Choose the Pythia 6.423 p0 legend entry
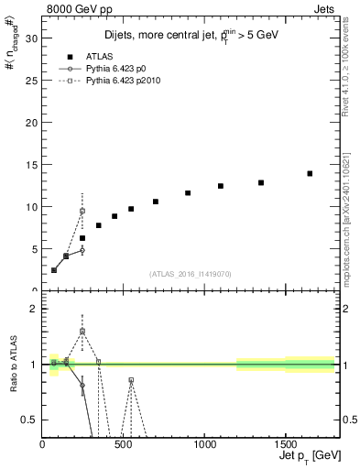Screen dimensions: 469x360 [115, 69]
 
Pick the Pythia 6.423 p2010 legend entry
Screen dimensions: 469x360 [122, 82]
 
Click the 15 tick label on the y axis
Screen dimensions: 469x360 [32, 165]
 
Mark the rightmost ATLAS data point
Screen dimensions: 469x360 [310, 173]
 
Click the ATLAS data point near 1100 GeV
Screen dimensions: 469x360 [221, 186]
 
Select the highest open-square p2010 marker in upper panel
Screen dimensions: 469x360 [82, 211]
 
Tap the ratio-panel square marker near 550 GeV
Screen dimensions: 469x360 [131, 379]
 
